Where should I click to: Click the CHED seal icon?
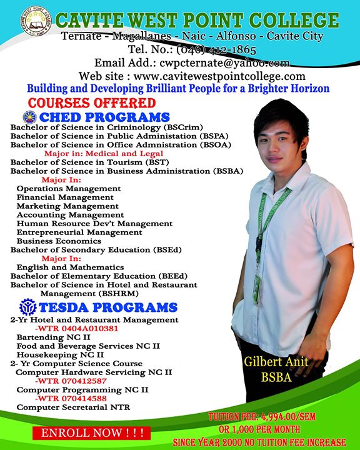(x=29, y=117)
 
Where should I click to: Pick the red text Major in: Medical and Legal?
(x=103, y=153)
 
